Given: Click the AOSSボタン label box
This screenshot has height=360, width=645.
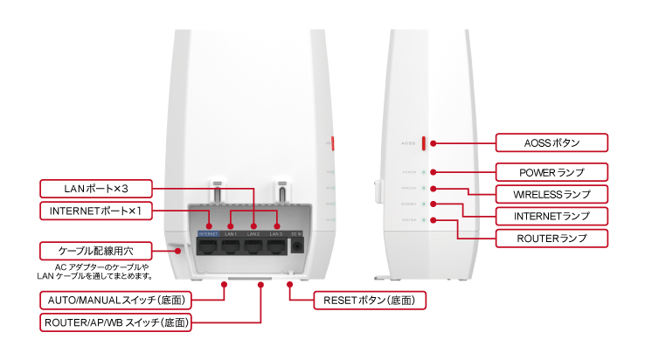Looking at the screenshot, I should coord(551,142).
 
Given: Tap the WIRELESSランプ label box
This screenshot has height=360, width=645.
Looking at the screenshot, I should coord(551,192).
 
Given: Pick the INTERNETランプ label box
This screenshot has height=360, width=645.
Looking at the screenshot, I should coord(551,215).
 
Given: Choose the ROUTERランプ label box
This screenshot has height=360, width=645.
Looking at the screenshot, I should coord(551,237).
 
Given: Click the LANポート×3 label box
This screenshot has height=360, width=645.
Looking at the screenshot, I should coord(97,187).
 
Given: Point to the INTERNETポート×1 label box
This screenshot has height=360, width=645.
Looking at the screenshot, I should coord(97,211).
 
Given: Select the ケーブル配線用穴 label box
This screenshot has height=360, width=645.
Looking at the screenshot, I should coord(97,250).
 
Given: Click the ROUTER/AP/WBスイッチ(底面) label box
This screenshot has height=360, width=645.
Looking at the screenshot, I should coord(116,323).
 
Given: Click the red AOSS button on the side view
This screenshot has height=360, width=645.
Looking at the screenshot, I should coord(424,142).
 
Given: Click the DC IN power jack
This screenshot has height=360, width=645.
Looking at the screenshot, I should coord(298,246).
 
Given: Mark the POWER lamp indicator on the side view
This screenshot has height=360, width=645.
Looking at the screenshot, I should coord(424,172).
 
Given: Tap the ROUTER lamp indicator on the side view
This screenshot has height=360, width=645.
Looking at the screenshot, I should coord(424,219).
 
